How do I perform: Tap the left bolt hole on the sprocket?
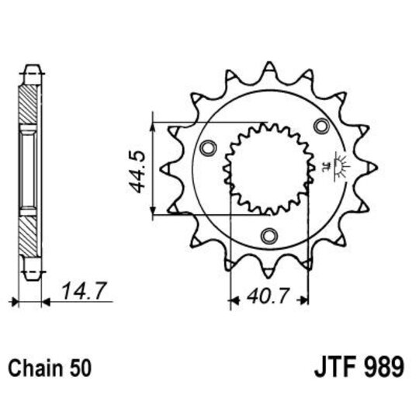(x=207, y=148)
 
